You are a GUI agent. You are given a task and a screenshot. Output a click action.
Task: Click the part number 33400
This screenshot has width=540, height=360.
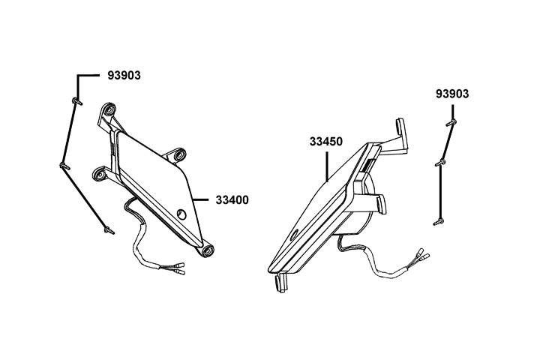232,200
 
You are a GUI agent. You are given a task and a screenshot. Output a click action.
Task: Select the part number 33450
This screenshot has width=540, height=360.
325,140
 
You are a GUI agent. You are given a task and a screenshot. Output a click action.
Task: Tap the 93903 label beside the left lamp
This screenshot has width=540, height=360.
123,76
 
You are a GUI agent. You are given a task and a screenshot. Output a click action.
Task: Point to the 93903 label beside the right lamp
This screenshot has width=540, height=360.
452,94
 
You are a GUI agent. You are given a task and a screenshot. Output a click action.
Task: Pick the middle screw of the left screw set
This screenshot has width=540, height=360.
62,166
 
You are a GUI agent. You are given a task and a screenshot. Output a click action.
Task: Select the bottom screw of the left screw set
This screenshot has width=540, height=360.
109,231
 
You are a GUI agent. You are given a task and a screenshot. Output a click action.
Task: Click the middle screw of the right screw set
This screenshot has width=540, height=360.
442,162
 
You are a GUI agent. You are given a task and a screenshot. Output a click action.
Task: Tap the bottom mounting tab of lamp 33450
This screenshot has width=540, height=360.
280,282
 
